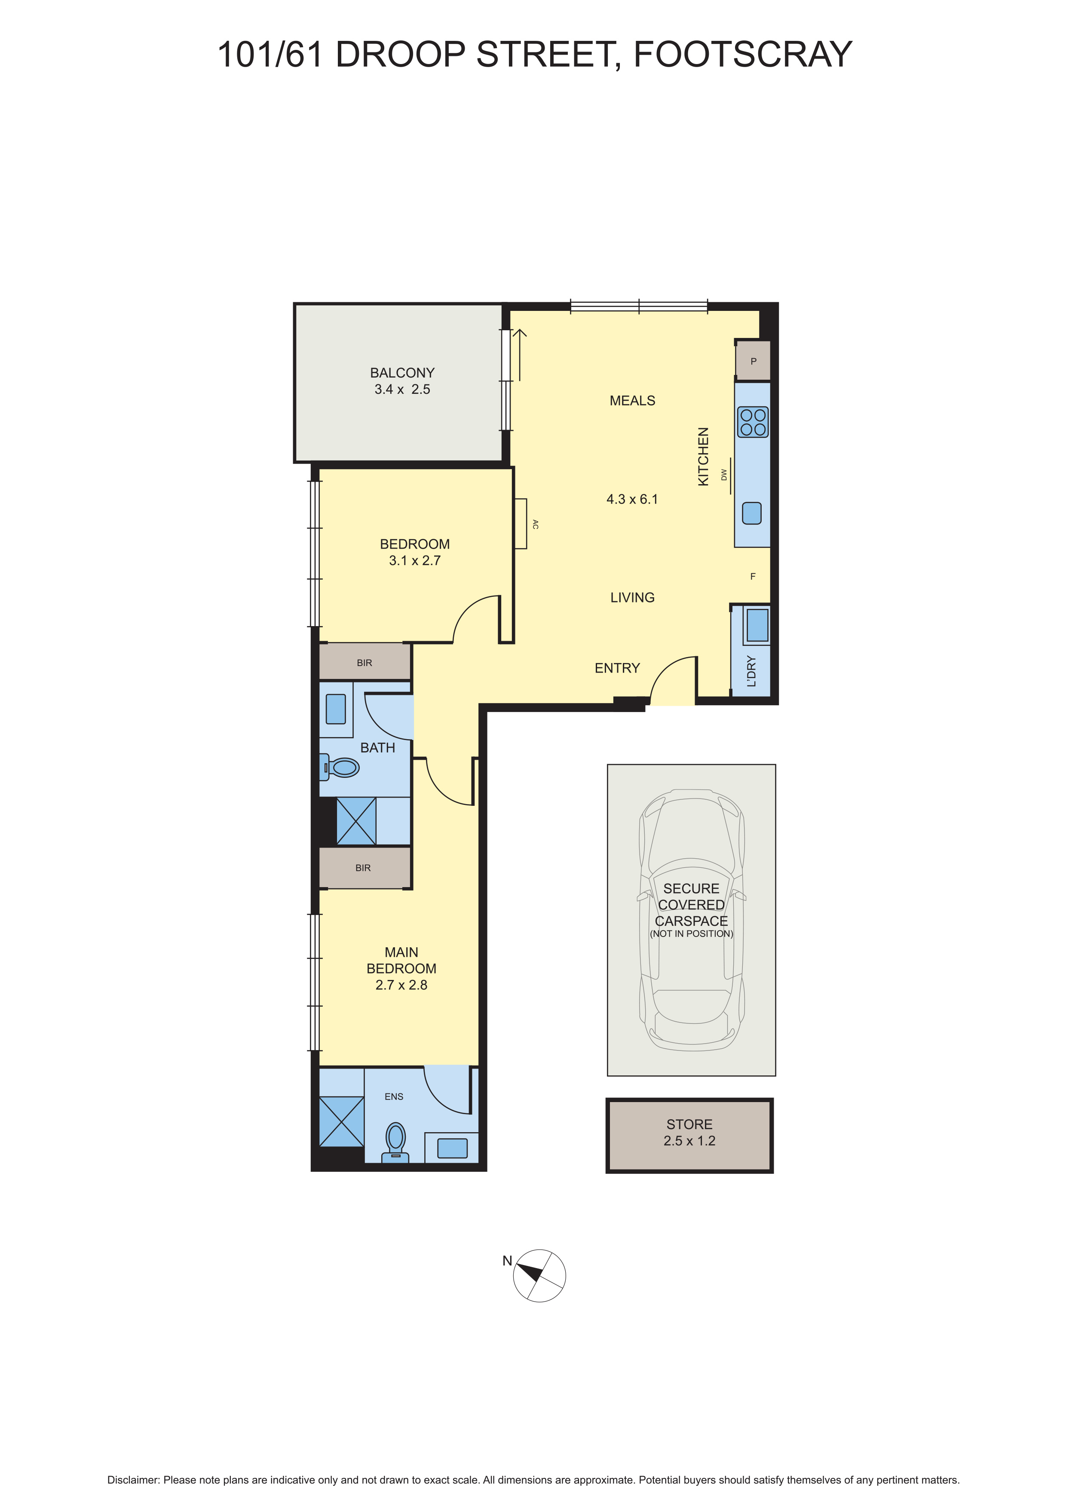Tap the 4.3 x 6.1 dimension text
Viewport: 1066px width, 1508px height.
pyautogui.click(x=631, y=499)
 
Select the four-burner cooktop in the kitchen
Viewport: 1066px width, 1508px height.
pyautogui.click(x=752, y=422)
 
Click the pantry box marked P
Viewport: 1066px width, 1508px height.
pyautogui.click(x=753, y=361)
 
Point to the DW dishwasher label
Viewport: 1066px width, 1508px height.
pyautogui.click(x=724, y=474)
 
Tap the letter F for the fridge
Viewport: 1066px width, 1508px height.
pyautogui.click(x=753, y=577)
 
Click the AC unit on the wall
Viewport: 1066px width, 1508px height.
pyautogui.click(x=521, y=523)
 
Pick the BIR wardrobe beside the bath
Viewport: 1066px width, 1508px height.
pyautogui.click(x=365, y=662)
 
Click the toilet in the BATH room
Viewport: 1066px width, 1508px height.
pyautogui.click(x=342, y=767)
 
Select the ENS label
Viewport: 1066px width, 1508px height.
pyautogui.click(x=394, y=1096)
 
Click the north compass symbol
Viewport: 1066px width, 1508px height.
pyautogui.click(x=539, y=1275)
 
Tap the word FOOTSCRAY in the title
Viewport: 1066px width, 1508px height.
pyautogui.click(x=742, y=55)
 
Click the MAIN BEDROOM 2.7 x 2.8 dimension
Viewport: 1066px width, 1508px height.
pyautogui.click(x=401, y=985)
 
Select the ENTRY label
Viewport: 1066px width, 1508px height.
pyautogui.click(x=617, y=668)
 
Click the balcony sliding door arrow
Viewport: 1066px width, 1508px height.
pyautogui.click(x=520, y=355)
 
